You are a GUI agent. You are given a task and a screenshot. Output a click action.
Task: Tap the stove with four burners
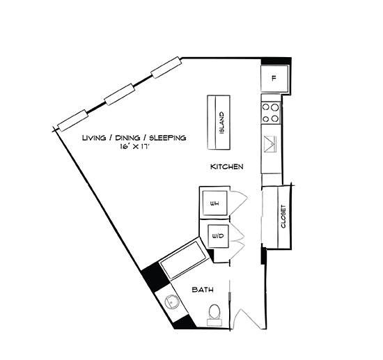pos(270,114)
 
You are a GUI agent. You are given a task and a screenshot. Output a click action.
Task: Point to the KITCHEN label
pos(226,167)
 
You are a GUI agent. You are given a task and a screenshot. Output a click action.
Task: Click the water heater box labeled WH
pos(215,203)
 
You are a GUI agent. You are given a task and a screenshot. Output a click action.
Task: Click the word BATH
pos(202,289)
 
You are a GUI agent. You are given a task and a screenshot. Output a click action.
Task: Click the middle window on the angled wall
pos(119,94)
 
